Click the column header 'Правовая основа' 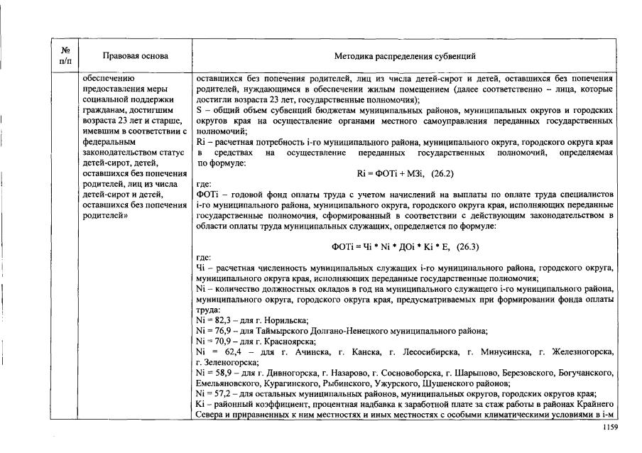click(136, 55)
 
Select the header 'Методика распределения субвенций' click(405, 55)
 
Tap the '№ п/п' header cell click(65, 55)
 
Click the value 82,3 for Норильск click(222, 321)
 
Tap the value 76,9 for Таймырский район click(222, 331)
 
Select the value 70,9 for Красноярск click(222, 342)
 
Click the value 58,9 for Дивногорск click(222, 372)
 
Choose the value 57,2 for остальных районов click(222, 393)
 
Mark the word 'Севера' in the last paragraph click(209, 414)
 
